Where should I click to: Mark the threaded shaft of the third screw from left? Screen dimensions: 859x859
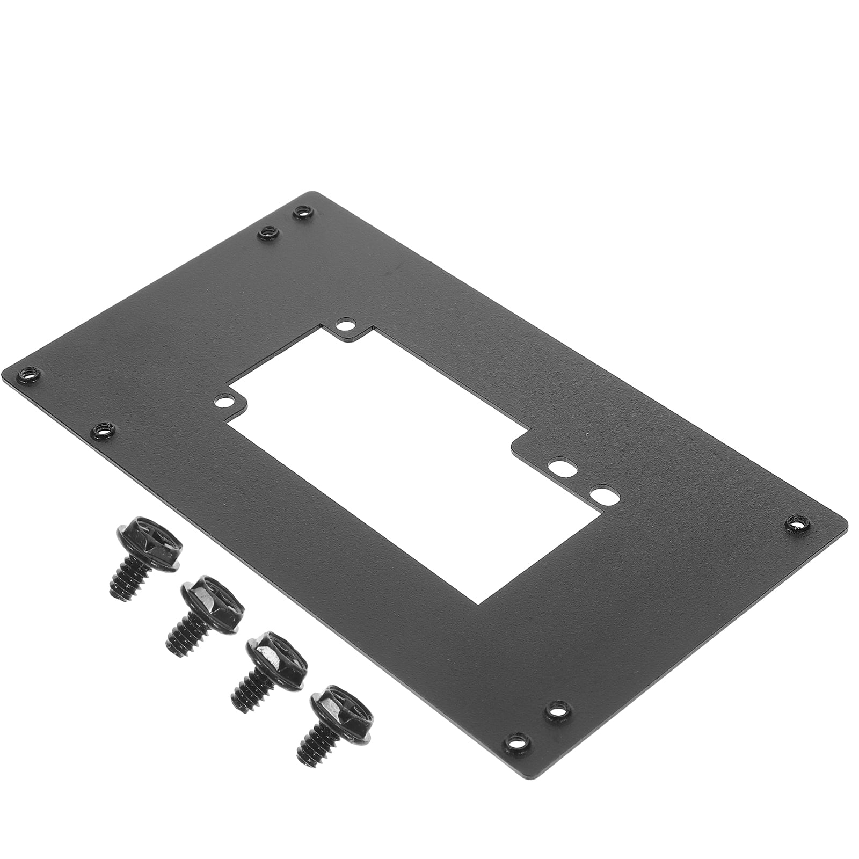coord(250,693)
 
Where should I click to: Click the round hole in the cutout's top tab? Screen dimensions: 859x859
coord(345,324)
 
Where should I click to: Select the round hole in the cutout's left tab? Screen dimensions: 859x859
coord(222,401)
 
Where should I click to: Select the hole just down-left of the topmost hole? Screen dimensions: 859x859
coord(267,233)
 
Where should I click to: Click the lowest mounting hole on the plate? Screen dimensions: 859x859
coord(514,744)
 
